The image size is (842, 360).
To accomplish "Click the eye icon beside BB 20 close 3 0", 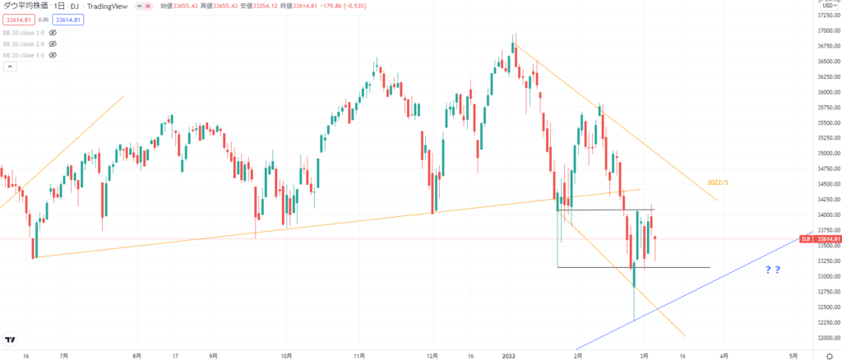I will pyautogui.click(x=53, y=32).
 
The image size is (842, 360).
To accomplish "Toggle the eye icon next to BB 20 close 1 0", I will pyautogui.click(x=53, y=55).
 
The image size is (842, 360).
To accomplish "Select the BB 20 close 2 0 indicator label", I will pyautogui.click(x=23, y=44).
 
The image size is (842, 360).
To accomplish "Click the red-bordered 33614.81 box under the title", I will pyautogui.click(x=16, y=19).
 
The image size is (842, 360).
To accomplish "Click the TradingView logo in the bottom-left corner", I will pyautogui.click(x=12, y=339).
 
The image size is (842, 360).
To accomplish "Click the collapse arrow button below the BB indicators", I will pyautogui.click(x=9, y=67).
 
